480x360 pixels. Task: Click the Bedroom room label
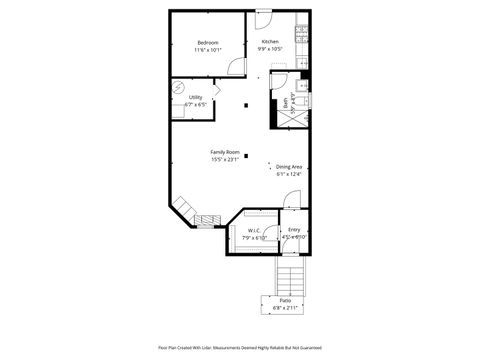coord(208,42)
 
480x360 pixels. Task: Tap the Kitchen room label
coord(270,42)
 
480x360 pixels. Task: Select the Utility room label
coord(195,97)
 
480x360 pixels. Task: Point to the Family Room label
coord(224,152)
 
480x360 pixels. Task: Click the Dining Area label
coord(289,167)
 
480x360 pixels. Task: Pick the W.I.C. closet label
coord(254,231)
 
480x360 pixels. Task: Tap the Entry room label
coord(294,230)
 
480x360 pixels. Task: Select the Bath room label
coord(286,101)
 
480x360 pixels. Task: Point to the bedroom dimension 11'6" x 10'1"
coord(208,49)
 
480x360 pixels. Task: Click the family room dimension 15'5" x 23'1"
coord(224,159)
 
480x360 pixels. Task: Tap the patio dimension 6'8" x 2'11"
coord(285,308)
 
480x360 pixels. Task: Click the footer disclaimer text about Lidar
coord(240,348)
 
